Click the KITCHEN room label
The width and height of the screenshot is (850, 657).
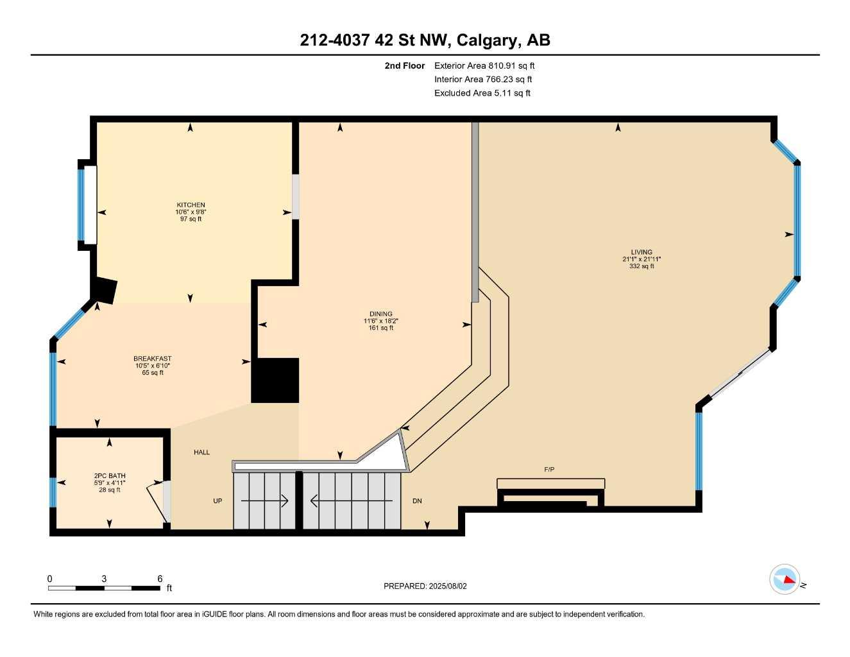tap(191, 205)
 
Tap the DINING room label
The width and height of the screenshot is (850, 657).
tap(380, 314)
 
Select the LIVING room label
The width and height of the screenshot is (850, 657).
tap(641, 252)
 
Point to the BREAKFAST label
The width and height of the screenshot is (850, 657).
tap(152, 359)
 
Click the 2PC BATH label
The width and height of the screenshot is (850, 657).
tap(109, 476)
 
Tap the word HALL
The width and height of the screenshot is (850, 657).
tap(201, 452)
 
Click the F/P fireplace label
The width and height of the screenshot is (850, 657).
tap(549, 470)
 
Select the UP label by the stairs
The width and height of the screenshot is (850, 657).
tap(217, 500)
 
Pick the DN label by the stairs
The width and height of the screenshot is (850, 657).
tap(417, 500)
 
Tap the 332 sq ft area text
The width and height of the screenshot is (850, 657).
tap(641, 266)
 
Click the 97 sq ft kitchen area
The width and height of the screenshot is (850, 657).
tap(191, 219)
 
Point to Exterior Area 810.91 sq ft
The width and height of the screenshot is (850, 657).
tap(484, 65)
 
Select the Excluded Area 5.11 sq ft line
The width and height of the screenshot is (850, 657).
tap(482, 93)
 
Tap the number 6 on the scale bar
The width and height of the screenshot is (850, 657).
tap(160, 578)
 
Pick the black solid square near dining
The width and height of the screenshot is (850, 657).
tap(275, 380)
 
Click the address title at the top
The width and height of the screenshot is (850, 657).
tap(425, 40)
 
